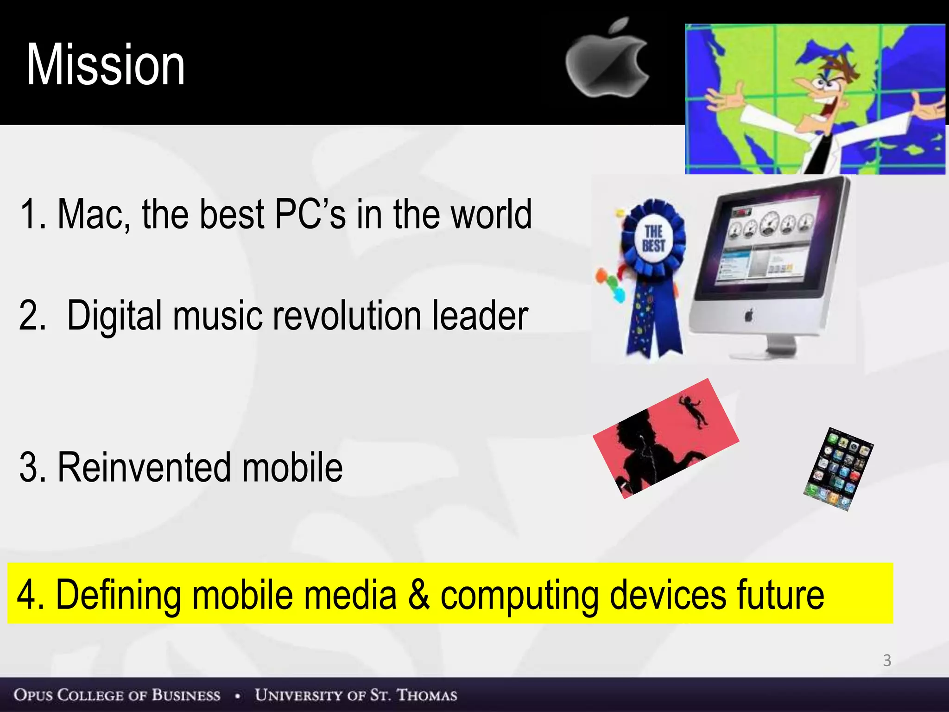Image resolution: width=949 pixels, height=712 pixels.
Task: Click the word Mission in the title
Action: point(106,65)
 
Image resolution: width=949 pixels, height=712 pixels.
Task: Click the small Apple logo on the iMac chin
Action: point(749,316)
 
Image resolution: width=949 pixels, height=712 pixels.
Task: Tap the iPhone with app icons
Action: point(838,469)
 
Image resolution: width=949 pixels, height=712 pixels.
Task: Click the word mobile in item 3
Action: point(292,467)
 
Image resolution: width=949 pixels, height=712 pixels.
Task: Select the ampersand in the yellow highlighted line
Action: point(418,594)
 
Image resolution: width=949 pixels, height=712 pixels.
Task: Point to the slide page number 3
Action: point(887,660)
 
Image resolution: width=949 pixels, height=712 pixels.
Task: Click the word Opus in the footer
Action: point(32,695)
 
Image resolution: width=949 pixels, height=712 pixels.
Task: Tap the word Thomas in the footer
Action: point(427,695)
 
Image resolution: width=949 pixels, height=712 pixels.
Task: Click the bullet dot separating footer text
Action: point(237,696)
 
